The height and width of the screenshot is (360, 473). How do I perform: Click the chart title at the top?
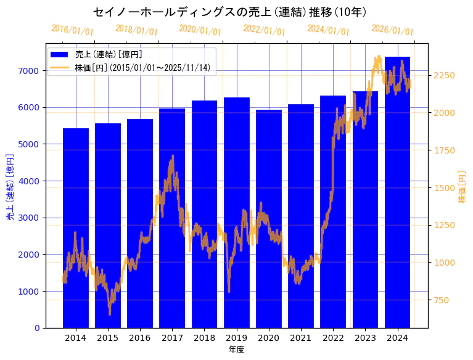click(x=230, y=12)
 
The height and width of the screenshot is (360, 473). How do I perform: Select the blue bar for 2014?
click(x=76, y=228)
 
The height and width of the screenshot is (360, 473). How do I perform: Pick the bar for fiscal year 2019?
click(x=237, y=213)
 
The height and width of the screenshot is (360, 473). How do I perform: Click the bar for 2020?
click(x=269, y=219)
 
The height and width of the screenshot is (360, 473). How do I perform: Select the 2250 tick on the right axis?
click(x=445, y=75)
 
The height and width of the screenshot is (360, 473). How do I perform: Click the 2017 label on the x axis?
click(x=172, y=338)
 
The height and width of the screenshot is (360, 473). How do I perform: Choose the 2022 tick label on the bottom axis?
click(x=333, y=338)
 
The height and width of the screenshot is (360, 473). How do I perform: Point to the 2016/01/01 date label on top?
click(x=72, y=30)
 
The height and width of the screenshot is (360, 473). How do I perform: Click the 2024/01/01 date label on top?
click(x=328, y=30)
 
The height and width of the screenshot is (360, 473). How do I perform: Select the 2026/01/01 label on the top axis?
click(x=392, y=30)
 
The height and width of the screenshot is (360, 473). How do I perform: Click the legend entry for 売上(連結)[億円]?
click(x=104, y=55)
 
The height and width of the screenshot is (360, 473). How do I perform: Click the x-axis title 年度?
click(x=236, y=350)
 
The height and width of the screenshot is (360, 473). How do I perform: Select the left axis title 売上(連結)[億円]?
click(x=10, y=186)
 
